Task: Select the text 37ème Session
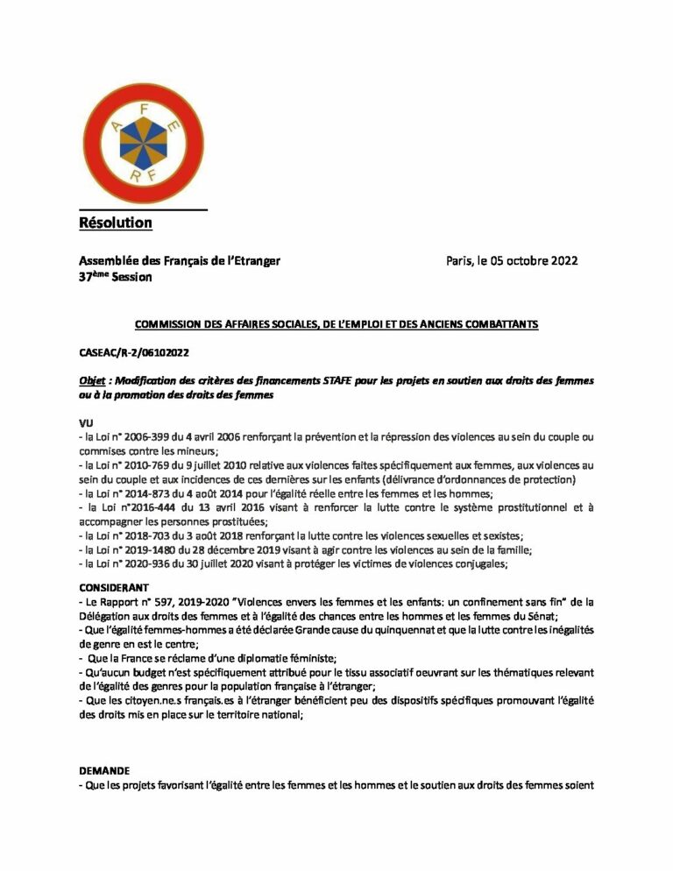pos(115,277)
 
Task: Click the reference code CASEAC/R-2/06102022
pos(134,351)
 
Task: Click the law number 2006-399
pos(145,436)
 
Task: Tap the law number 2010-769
pos(145,464)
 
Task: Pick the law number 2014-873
pos(145,493)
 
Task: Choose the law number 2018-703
pos(145,535)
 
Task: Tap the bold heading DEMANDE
pos(104,770)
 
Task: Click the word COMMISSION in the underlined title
pos(170,324)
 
